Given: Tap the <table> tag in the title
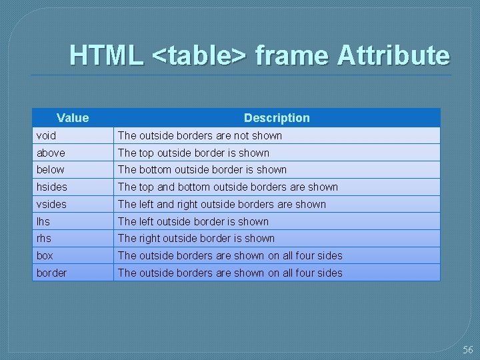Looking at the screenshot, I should click(x=199, y=55).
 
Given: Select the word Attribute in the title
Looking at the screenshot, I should click(x=393, y=55).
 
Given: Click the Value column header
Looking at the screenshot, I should click(x=73, y=118).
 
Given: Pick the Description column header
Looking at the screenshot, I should click(x=277, y=118).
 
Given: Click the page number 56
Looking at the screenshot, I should click(x=467, y=350).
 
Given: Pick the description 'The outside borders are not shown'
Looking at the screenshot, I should click(x=200, y=135).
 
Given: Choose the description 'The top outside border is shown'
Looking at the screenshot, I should click(x=193, y=153).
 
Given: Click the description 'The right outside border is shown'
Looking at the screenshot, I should click(x=196, y=239).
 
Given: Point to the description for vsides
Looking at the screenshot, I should click(x=222, y=205).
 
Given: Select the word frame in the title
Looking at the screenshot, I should click(x=291, y=55).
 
